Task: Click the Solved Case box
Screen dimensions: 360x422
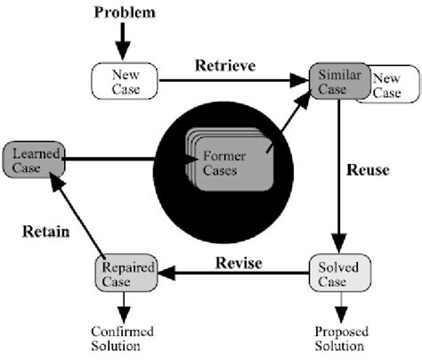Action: pyautogui.click(x=333, y=275)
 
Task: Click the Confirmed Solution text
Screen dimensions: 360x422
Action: pyautogui.click(x=124, y=338)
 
